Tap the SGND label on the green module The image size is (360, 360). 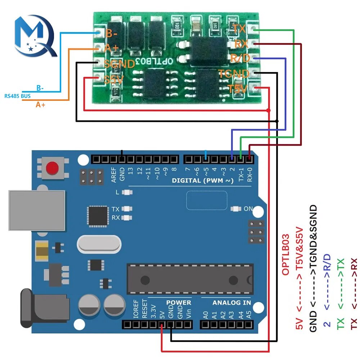click(x=120, y=64)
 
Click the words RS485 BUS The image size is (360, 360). click(x=17, y=96)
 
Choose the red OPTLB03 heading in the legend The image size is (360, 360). click(x=285, y=254)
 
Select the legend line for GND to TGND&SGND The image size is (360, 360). click(x=313, y=268)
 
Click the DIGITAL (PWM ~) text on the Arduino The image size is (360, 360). click(x=203, y=180)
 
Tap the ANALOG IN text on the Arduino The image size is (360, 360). click(x=231, y=303)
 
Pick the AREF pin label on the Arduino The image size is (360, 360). click(x=114, y=175)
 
